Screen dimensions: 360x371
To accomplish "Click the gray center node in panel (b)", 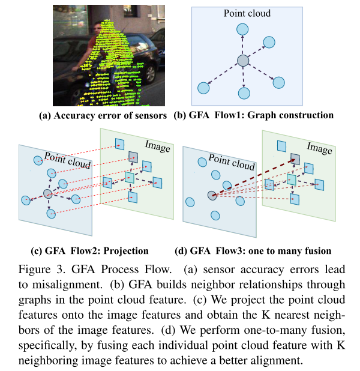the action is pos(243,61).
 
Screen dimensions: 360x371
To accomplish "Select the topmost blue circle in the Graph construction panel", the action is pos(242,29).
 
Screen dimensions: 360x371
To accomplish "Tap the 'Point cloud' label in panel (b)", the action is pos(247,13).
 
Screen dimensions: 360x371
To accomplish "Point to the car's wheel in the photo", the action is pos(150,73).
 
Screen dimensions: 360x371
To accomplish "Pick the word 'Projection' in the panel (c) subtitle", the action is pos(126,251).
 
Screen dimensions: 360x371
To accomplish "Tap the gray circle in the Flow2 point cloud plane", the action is pos(48,194).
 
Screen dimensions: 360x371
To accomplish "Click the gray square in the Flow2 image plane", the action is pos(133,157).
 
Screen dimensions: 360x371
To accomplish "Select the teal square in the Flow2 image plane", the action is pos(130,178).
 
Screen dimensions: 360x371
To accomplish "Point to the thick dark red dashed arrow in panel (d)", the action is pos(254,178).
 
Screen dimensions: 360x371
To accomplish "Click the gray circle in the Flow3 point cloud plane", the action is pos(212,196).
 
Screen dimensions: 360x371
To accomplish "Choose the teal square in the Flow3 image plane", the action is pos(292,179).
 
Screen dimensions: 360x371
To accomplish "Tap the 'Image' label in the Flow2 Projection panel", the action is pos(158,146).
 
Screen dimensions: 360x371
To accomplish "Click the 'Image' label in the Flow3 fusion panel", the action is pos(320,148).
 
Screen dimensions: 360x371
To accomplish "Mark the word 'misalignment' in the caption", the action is pos(65,285).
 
